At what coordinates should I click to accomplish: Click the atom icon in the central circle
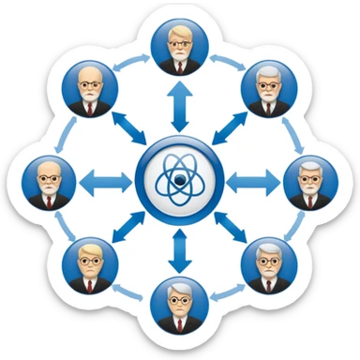coord(180,178)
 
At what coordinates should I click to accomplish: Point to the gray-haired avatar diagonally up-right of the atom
coord(269,89)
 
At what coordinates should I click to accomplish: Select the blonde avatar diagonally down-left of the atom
coord(87,266)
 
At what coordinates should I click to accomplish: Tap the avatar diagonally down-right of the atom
coord(268,266)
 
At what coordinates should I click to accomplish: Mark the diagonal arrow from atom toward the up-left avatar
coord(130,130)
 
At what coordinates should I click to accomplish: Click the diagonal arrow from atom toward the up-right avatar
coord(229,130)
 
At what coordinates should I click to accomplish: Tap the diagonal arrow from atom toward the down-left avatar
coord(130,228)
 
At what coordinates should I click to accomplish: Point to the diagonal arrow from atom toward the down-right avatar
coord(229,228)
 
